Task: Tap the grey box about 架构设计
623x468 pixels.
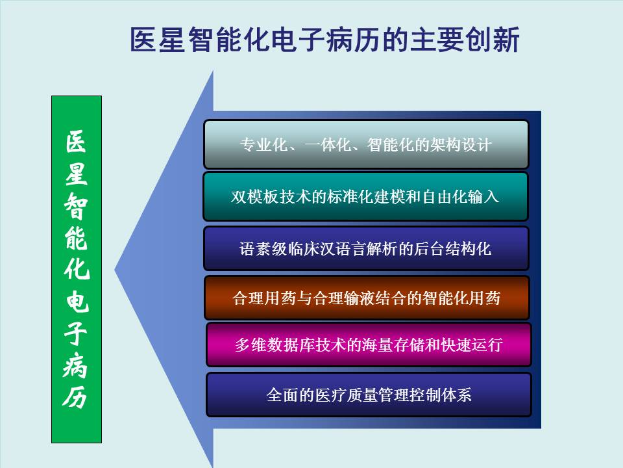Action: tap(366, 144)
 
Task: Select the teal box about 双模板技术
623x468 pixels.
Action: tap(366, 196)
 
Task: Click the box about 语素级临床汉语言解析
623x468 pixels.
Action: tap(366, 248)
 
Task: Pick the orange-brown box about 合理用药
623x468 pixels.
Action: tap(367, 298)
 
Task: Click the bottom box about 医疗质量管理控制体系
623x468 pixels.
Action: tap(369, 395)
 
